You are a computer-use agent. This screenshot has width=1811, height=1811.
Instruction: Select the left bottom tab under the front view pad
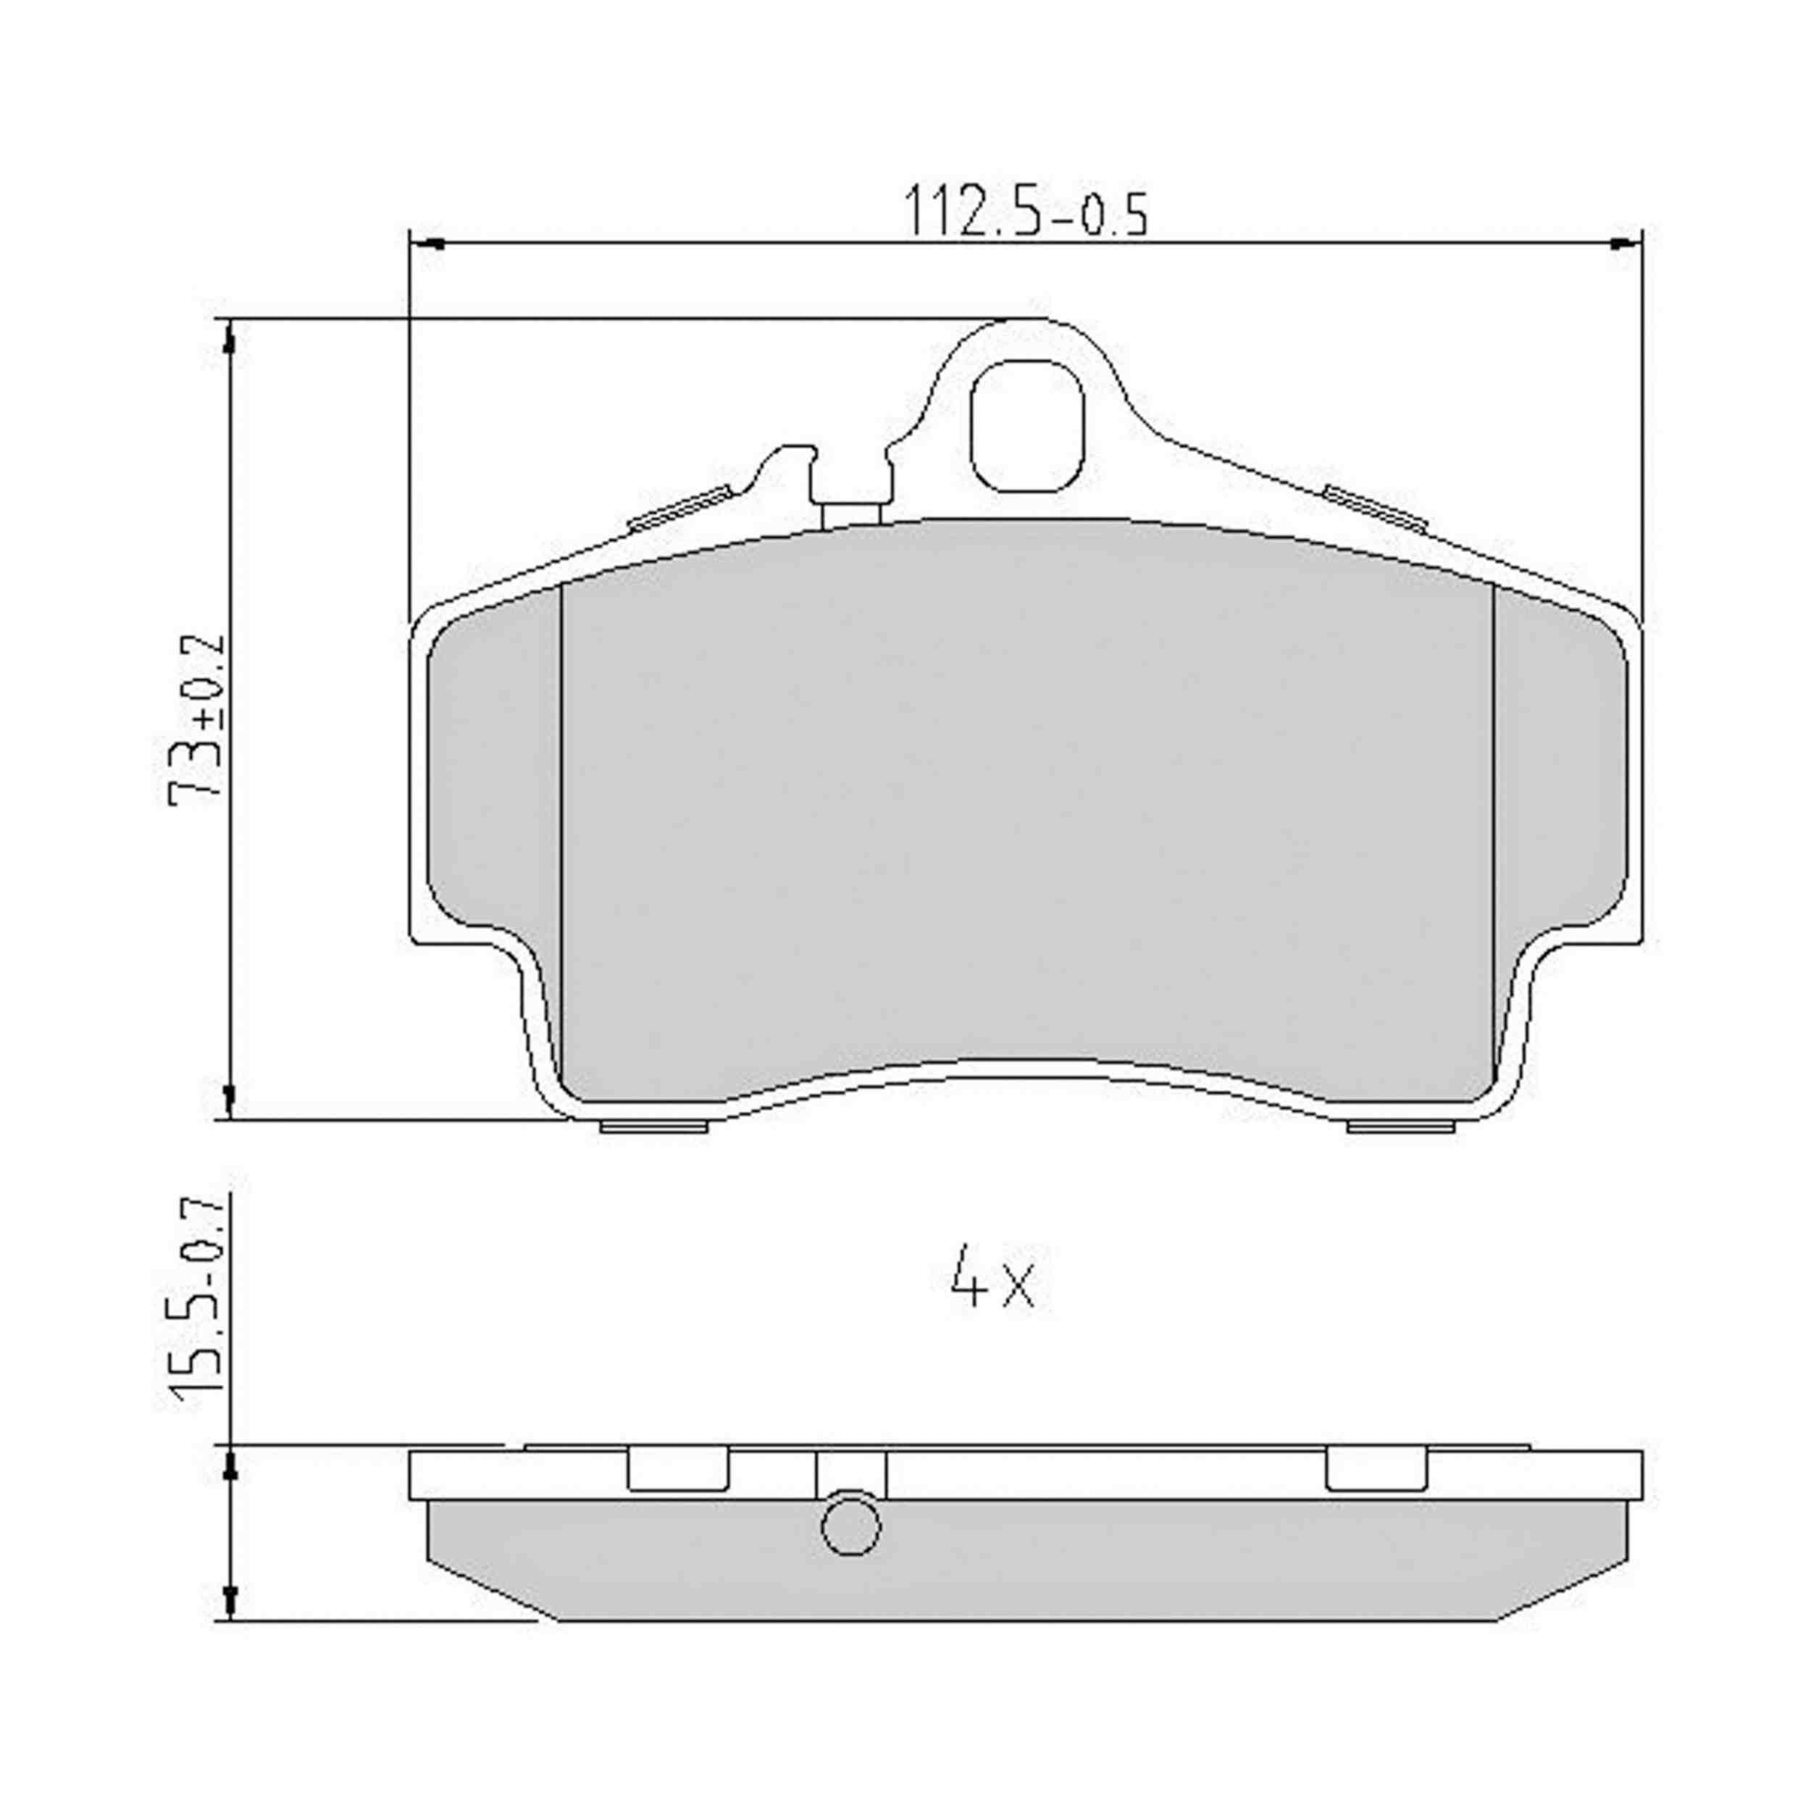(x=653, y=1126)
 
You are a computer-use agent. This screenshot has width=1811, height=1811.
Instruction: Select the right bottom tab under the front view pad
(x=1400, y=1126)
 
